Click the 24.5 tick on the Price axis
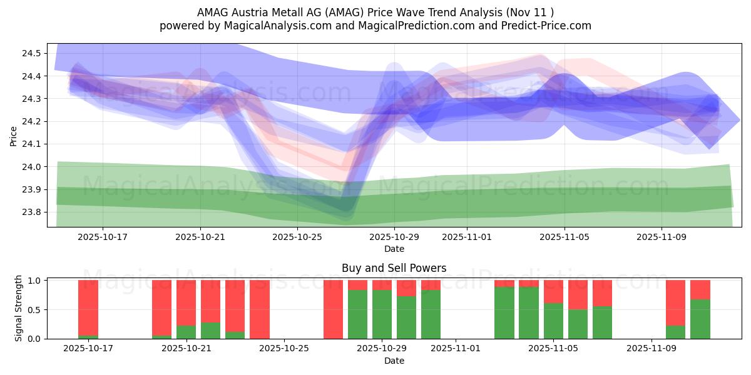[x=31, y=53]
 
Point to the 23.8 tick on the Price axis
[x=31, y=212]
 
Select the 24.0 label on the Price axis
[x=31, y=167]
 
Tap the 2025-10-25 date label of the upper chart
[x=297, y=237]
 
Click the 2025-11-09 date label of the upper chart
[x=662, y=237]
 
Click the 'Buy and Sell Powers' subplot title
[x=394, y=268]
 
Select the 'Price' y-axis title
[x=14, y=135]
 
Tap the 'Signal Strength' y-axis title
[x=19, y=308]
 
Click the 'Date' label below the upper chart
[x=394, y=249]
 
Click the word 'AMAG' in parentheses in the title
[x=342, y=12]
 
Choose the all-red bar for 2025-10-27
[x=333, y=309]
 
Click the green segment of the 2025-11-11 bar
[x=700, y=319]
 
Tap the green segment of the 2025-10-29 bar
[x=382, y=314]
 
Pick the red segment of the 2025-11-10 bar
[x=676, y=302]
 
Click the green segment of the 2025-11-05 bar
[x=553, y=321]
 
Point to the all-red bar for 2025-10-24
[x=260, y=309]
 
